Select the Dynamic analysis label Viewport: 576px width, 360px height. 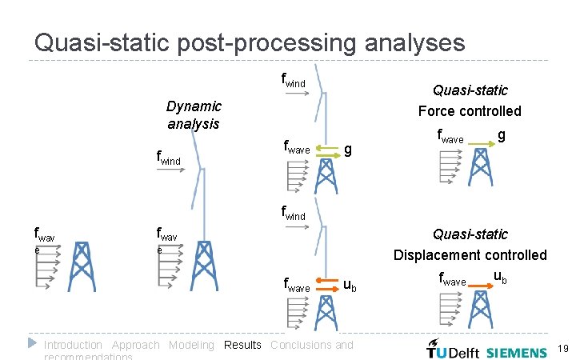pos(194,114)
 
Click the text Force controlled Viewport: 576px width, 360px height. pos(470,110)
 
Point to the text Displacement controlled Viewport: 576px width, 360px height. pos(470,254)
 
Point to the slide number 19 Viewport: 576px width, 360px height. pos(562,349)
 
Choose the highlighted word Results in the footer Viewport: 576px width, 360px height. pos(242,345)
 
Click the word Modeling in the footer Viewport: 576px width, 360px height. pos(191,345)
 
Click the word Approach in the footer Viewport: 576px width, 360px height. pos(135,345)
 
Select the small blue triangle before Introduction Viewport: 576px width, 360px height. pos(32,343)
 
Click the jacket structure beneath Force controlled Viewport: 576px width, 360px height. pos(480,167)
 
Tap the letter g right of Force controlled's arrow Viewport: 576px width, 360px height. pos(501,135)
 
